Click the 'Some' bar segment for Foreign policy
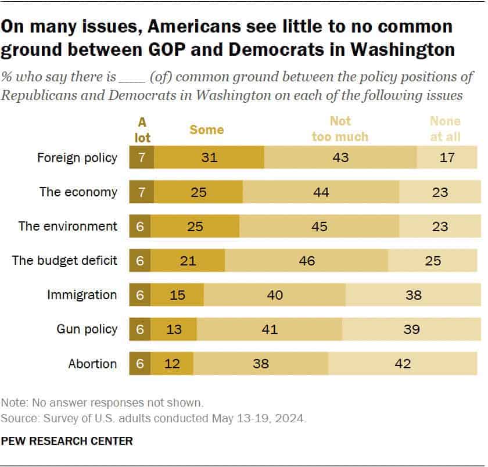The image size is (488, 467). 209,157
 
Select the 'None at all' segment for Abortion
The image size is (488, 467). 402,364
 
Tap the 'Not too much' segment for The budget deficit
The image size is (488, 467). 306,261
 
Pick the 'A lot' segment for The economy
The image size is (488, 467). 141,192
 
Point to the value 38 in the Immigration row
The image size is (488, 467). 413,295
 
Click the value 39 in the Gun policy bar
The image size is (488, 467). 411,329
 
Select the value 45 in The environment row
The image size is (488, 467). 318,227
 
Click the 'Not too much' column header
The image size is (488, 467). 340,128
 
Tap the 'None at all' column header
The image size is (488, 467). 445,128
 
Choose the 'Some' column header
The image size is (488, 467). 206,129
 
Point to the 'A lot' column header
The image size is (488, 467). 141,128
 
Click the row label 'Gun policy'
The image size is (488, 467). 87,329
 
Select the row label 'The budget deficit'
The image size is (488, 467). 64,261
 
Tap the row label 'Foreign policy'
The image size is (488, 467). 77,157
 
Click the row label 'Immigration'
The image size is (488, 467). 82,295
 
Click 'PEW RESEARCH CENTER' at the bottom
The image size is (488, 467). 67,441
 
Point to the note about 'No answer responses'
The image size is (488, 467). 102,402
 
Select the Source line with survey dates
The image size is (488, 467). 154,418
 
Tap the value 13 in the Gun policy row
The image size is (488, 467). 174,329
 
